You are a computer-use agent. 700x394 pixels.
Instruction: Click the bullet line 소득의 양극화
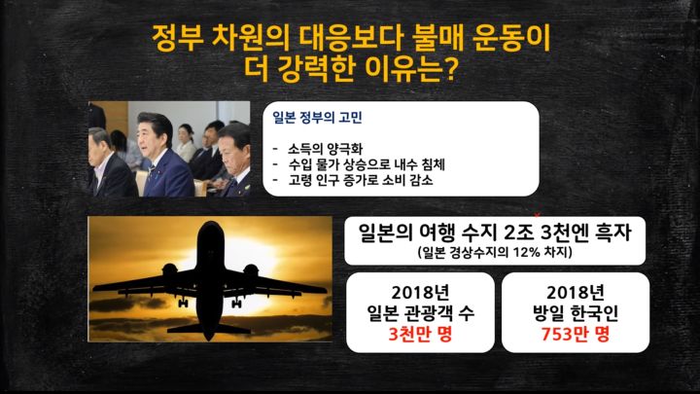coord(324,149)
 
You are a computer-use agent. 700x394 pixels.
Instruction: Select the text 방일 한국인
coord(575,313)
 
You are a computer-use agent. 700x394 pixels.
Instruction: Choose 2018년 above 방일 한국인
coord(575,292)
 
